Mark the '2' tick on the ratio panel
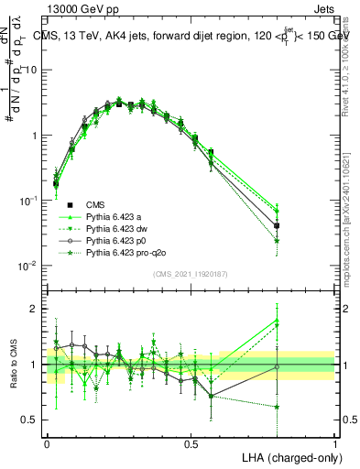click(x=36, y=310)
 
